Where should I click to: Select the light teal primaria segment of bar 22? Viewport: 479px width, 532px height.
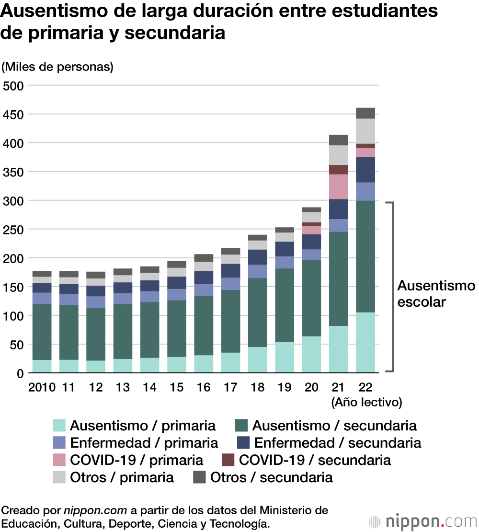pos(365,342)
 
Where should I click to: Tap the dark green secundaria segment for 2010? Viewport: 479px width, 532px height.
pos(42,332)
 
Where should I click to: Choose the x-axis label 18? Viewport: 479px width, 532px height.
pos(257,387)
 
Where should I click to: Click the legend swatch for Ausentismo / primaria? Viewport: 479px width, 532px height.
pos(59,426)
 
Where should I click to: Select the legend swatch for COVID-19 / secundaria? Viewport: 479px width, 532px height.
pos(228,460)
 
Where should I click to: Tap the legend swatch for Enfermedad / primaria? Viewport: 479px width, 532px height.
pos(59,443)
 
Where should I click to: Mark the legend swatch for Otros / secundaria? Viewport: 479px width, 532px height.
pos(199,477)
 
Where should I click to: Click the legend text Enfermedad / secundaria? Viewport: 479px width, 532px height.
pos(337,443)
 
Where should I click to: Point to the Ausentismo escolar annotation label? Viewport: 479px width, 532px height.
pos(436,294)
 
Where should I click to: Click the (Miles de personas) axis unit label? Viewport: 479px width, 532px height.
pos(57,67)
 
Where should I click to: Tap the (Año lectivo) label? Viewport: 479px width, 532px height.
pos(366,403)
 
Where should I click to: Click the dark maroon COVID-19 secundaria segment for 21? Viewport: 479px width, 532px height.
pos(338,170)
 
